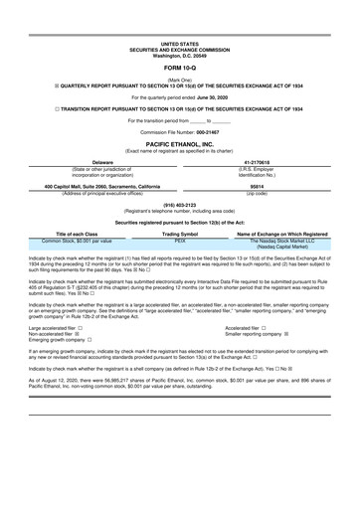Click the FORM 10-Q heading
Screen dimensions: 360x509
(179, 69)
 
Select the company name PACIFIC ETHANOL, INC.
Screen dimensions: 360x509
(179, 143)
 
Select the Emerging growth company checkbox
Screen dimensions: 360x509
(90, 340)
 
